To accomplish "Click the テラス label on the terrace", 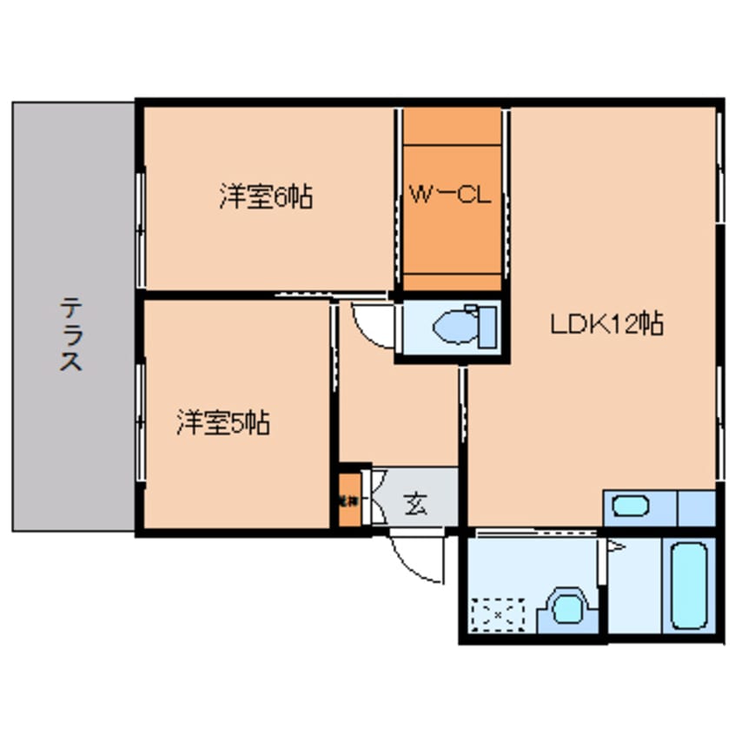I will (x=71, y=334).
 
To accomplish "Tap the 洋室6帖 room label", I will (x=266, y=197).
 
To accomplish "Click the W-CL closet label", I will (x=450, y=196).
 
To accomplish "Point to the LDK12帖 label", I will (x=606, y=324).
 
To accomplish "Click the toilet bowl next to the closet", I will (x=451, y=328).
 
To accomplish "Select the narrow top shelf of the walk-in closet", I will (x=452, y=125).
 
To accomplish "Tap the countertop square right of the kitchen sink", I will (x=696, y=508).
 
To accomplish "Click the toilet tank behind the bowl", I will (x=487, y=327).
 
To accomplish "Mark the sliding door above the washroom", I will (x=534, y=531).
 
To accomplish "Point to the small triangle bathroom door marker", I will (x=616, y=546).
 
